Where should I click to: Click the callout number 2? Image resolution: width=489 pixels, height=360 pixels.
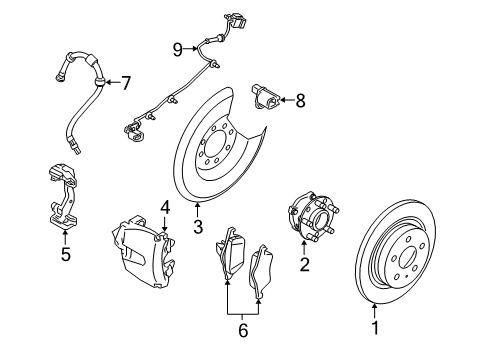point(304,266)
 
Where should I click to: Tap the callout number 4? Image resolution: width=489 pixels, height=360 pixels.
point(165,207)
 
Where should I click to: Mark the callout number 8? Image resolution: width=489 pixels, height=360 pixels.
point(299,99)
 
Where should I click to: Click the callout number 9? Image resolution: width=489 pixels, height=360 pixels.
point(177,49)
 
